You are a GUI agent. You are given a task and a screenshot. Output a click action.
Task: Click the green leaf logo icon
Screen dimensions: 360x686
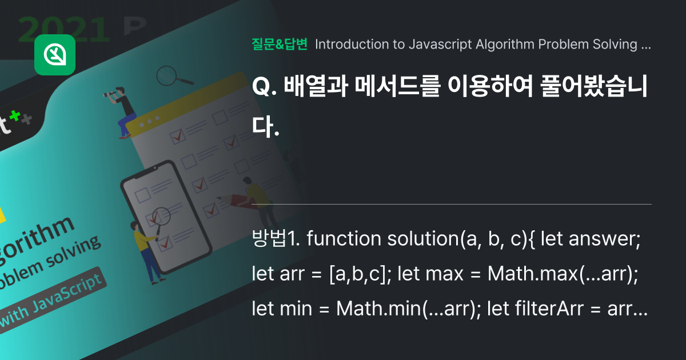point(55,55)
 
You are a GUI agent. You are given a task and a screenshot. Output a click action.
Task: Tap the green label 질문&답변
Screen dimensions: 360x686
point(280,45)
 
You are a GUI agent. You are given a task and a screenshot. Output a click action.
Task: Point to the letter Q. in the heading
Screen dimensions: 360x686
point(261,87)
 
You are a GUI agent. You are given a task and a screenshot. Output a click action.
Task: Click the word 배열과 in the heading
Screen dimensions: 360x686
point(310,87)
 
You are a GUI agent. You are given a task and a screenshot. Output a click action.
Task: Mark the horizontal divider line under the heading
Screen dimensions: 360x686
point(452,204)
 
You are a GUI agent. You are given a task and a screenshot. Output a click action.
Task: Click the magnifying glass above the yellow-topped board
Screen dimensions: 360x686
point(168,75)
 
